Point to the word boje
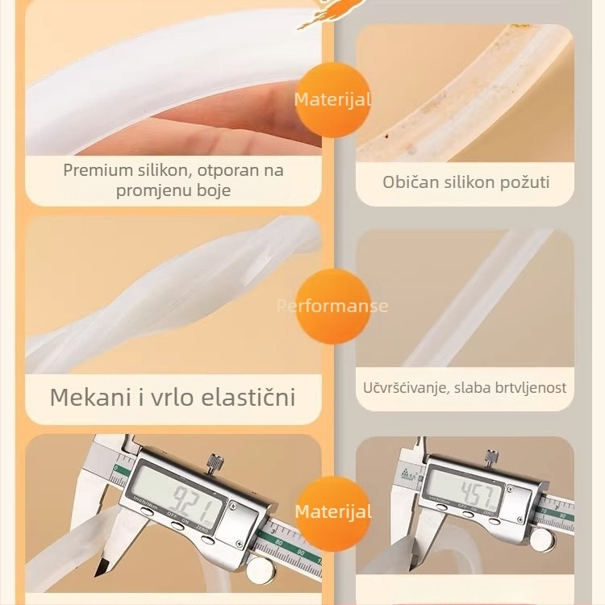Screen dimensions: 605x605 [x=213, y=191]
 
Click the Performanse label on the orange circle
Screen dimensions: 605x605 [x=332, y=306]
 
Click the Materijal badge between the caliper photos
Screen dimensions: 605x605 [x=332, y=511]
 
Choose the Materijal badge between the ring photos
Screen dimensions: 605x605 [x=332, y=100]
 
